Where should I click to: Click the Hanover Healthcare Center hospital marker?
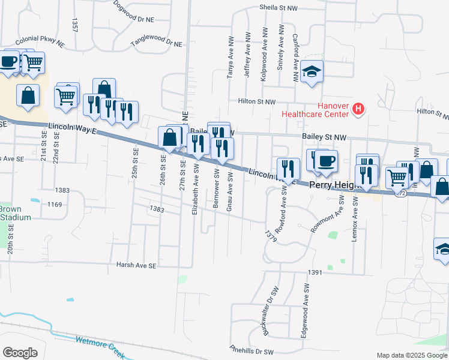(358, 109)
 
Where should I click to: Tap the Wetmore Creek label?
(100, 347)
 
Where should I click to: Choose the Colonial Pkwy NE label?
(40, 41)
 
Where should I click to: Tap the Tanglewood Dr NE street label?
(156, 44)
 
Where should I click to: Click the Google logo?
(20, 353)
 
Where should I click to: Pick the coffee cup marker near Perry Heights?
(327, 161)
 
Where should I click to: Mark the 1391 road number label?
(315, 272)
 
